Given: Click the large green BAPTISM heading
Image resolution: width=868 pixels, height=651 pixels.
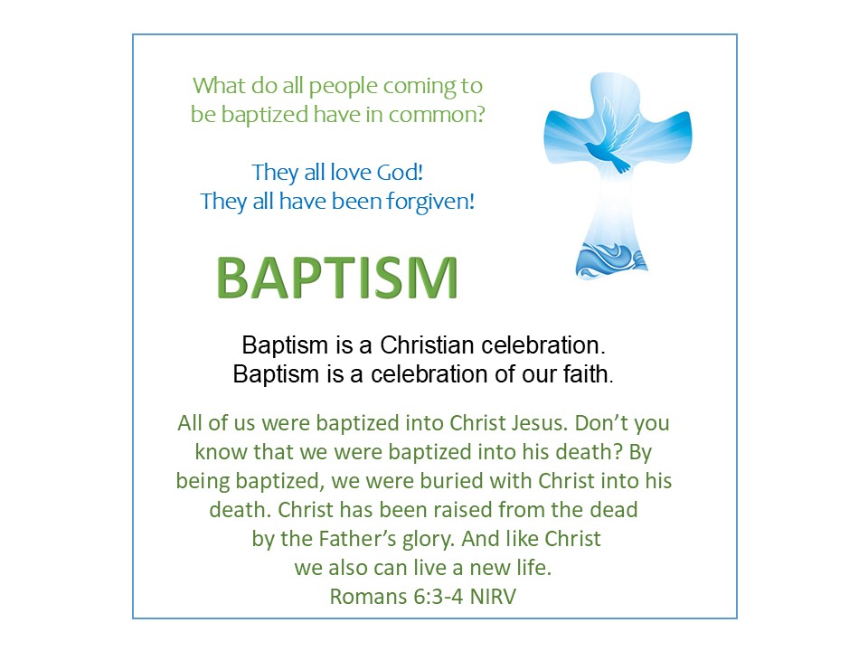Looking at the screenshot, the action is click(337, 278).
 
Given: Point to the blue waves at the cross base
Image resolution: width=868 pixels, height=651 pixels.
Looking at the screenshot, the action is click(610, 259).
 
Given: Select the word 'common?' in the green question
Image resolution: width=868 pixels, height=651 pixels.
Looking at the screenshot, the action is click(437, 115).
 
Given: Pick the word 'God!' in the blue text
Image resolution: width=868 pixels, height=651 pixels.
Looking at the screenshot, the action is click(401, 172).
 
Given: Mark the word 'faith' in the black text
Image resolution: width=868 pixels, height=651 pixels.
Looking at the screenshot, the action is click(586, 373).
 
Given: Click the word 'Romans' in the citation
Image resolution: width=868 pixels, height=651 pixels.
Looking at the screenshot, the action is click(368, 597).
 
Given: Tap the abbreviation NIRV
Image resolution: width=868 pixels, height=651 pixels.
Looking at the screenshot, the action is click(493, 597).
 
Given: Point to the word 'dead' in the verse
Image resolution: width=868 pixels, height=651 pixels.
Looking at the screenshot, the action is click(613, 509).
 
